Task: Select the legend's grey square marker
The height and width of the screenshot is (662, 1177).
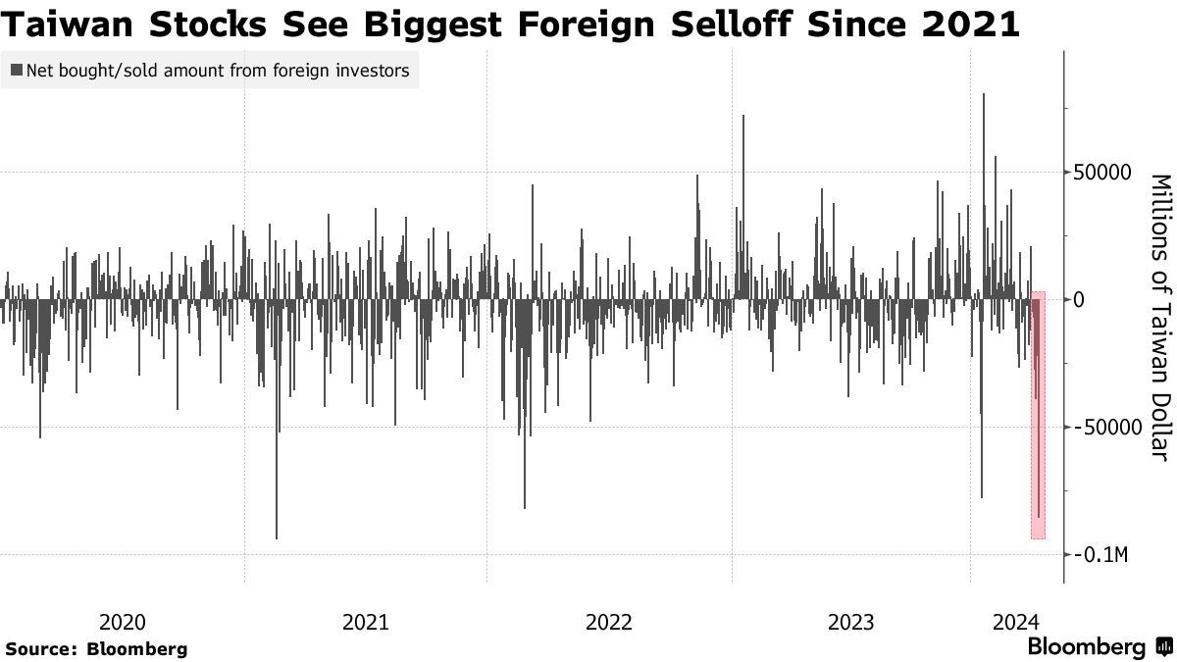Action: click(17, 71)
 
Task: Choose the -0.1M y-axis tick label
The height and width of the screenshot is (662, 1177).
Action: click(1101, 555)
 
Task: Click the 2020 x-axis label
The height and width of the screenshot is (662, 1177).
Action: click(123, 621)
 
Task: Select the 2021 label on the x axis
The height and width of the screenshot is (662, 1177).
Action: click(366, 621)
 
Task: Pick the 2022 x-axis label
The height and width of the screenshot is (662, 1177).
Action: click(609, 621)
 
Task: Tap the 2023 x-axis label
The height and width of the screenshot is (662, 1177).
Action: click(851, 621)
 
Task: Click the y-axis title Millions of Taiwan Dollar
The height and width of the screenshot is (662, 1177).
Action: click(1159, 316)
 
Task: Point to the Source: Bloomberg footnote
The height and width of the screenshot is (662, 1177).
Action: click(96, 648)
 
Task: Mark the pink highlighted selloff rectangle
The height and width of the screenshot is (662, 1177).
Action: click(1038, 415)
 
